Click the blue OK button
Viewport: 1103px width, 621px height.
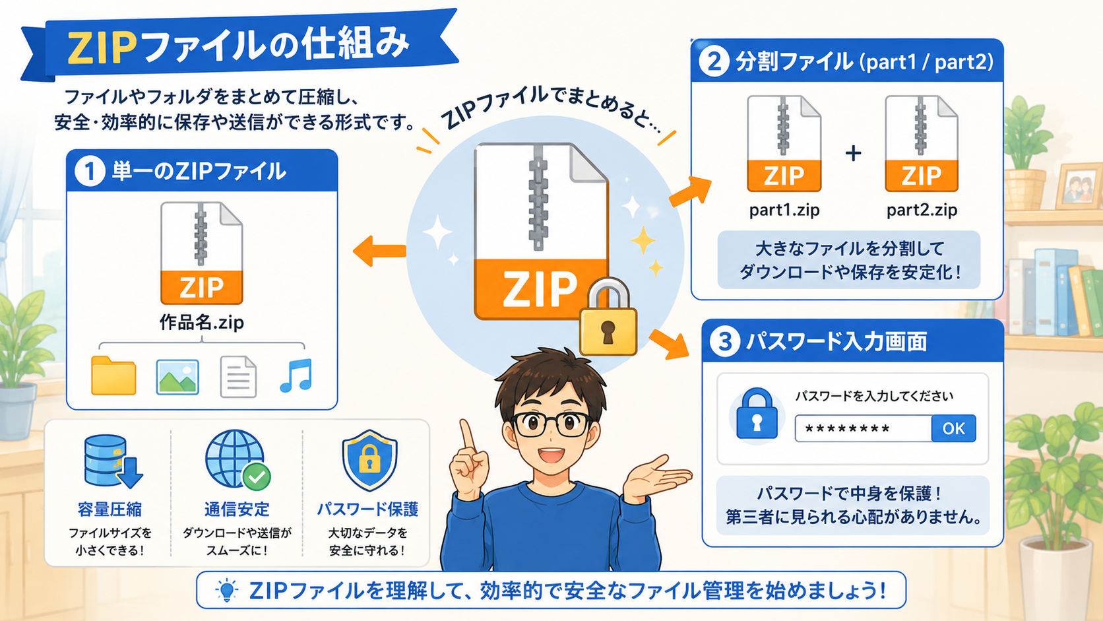click(x=953, y=428)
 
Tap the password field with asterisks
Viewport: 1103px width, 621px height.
click(x=863, y=428)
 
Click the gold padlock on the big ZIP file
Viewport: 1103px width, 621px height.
click(x=609, y=317)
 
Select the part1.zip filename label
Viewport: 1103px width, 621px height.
click(x=784, y=211)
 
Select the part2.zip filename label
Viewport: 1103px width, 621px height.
click(x=922, y=211)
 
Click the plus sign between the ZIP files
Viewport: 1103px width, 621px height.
click(x=854, y=153)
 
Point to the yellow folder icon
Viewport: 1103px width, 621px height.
click(x=113, y=376)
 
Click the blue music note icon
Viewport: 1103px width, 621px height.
click(x=296, y=376)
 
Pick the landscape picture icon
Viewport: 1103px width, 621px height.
click(x=177, y=377)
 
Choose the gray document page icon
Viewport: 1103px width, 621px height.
click(x=238, y=377)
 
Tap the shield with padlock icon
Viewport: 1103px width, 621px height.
click(x=369, y=461)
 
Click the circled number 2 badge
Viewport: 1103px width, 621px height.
click(x=714, y=61)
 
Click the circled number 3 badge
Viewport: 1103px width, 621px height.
click(x=725, y=341)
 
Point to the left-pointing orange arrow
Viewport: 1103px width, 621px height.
click(x=379, y=251)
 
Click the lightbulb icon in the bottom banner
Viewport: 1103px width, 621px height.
click(x=227, y=589)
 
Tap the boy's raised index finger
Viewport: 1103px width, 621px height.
click(x=466, y=434)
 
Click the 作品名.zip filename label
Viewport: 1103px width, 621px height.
click(x=202, y=323)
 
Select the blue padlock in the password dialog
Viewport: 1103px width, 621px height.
click(x=757, y=414)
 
